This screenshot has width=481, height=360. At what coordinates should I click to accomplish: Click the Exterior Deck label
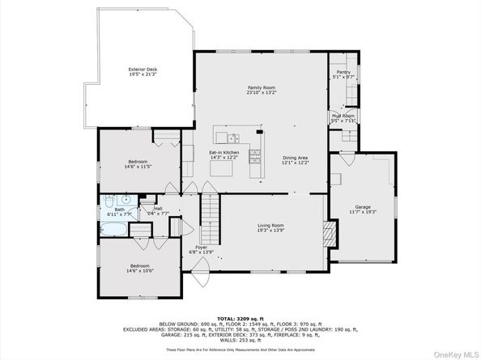143,70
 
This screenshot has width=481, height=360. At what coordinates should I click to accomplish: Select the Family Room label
262,89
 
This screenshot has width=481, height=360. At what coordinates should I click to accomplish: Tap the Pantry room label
343,73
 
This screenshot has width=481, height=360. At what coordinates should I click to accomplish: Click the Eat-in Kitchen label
223,153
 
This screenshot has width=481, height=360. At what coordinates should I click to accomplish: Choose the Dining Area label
295,159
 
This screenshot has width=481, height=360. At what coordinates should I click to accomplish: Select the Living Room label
270,227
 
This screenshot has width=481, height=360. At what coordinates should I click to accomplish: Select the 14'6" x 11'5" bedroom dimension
138,167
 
